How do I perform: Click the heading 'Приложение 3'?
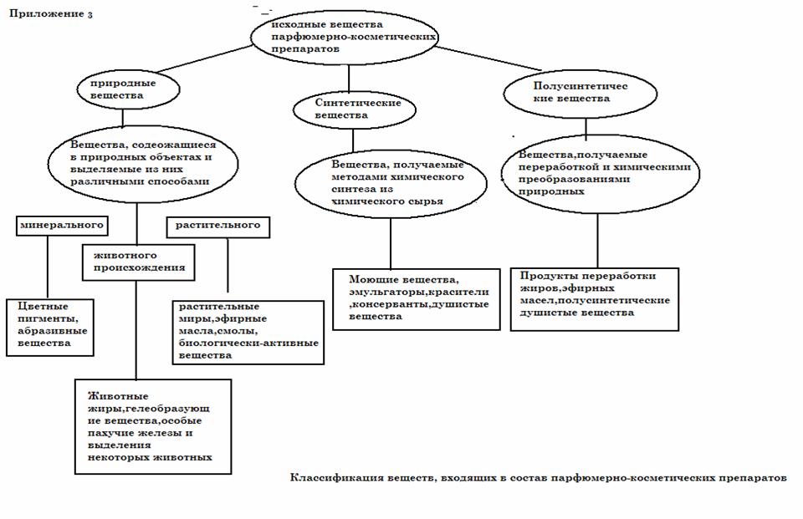click(x=51, y=13)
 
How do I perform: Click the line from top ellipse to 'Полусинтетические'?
click(x=488, y=58)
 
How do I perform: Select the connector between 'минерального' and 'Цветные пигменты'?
click(x=48, y=267)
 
